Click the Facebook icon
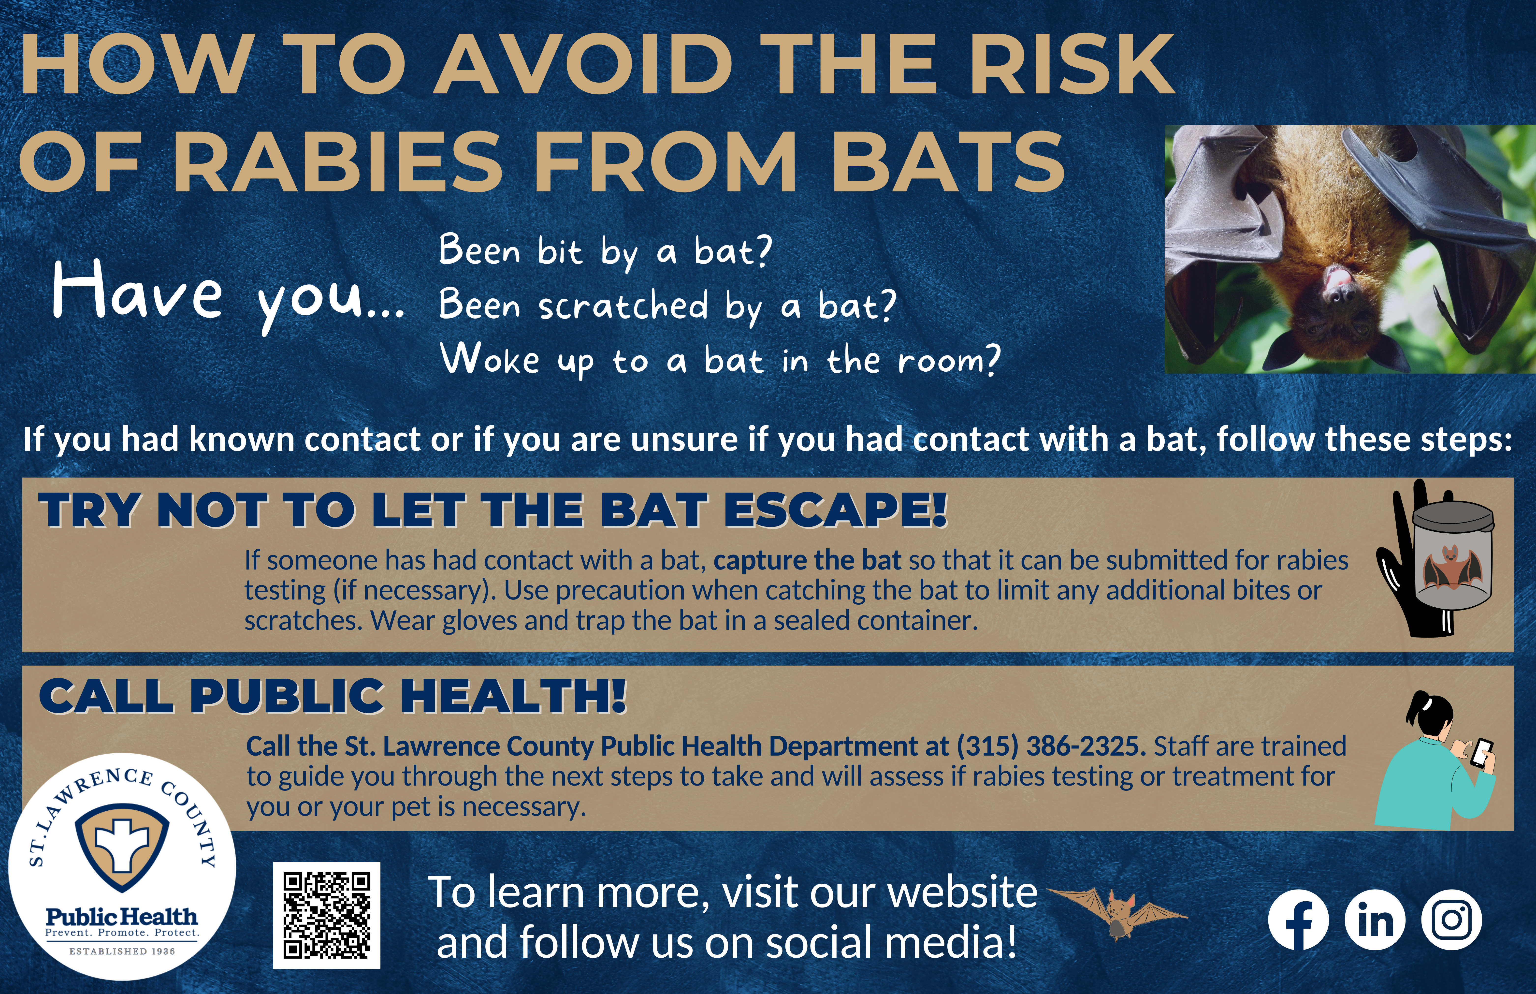(x=1298, y=920)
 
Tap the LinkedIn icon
(x=1375, y=920)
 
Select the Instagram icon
(x=1451, y=920)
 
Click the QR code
(x=327, y=915)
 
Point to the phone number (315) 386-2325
(x=1051, y=746)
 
